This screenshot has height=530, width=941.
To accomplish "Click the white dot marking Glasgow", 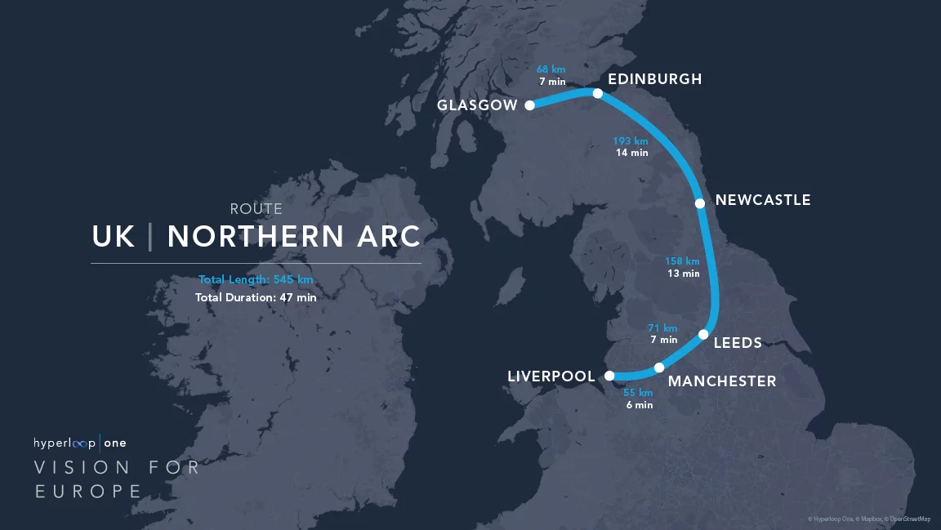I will [x=529, y=105].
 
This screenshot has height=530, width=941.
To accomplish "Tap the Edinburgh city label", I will [x=654, y=79].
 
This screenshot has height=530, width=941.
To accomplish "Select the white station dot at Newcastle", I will [x=699, y=203].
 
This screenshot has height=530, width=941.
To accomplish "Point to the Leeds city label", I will [x=738, y=343].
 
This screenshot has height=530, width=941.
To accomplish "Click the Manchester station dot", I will [x=659, y=367].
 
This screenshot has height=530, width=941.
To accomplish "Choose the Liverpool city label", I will [x=551, y=376].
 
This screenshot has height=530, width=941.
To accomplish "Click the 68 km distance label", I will [x=551, y=69].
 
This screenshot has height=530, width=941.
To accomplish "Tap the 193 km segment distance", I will [x=631, y=141].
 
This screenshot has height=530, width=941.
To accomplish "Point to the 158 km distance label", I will [x=682, y=261].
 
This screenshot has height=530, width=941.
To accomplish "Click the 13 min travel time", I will [x=684, y=274].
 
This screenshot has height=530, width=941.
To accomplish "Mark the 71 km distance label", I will [x=662, y=327].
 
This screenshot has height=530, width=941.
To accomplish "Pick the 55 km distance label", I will [x=638, y=393].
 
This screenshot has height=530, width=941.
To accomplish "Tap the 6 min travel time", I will [x=639, y=405].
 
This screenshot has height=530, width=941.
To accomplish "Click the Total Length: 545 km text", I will [x=256, y=280].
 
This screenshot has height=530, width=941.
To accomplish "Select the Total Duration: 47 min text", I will [x=256, y=298].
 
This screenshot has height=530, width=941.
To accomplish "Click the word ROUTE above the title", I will [x=256, y=210].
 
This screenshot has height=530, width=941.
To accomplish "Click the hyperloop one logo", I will [x=80, y=443].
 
